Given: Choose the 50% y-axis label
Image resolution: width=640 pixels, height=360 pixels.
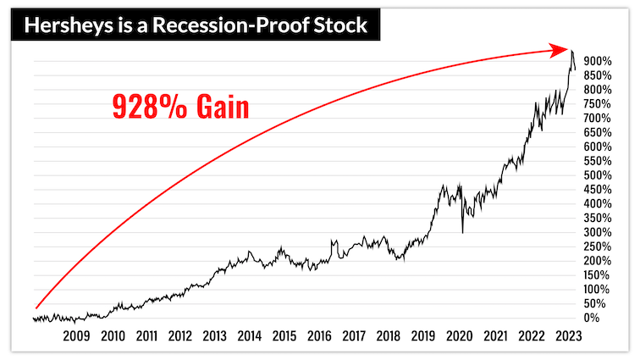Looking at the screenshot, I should tap(594, 303).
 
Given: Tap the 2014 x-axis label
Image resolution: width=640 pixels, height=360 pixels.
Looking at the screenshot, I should tap(249, 336).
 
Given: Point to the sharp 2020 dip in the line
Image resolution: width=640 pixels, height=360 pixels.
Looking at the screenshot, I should tap(462, 232).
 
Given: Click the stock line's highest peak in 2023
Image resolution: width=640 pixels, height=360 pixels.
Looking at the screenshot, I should tap(572, 51).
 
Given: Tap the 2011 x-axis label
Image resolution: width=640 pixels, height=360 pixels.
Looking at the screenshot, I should tap(146, 336).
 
